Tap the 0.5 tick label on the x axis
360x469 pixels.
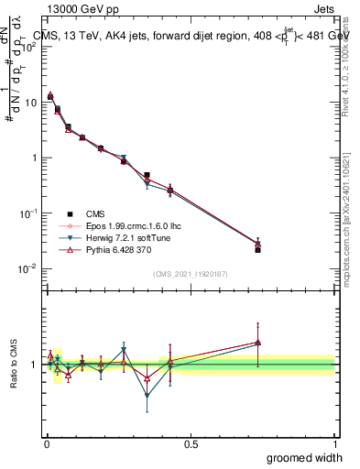coord(191,443)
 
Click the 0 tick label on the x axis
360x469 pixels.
coord(47,443)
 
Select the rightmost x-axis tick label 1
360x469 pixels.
coord(333,443)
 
